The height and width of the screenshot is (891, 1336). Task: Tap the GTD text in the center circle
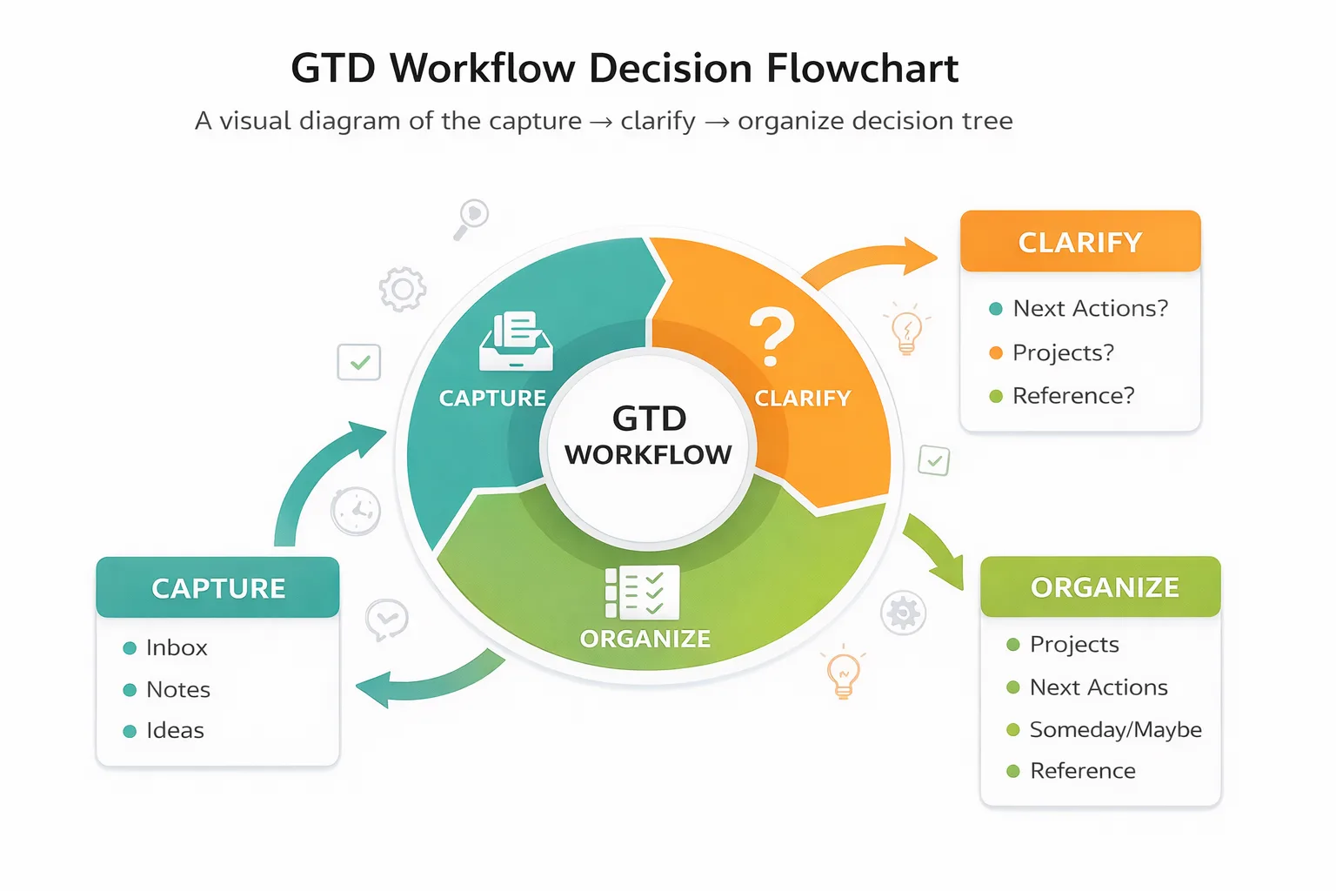point(649,419)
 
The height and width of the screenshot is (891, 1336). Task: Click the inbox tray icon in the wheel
point(516,341)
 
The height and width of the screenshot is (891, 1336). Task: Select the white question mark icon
point(772,337)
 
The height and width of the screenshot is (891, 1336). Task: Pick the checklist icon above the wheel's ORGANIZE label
point(642,593)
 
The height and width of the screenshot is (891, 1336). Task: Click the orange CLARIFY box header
point(1079,242)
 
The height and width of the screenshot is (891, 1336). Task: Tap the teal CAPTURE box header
point(217,588)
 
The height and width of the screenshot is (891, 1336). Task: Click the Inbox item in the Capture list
point(177,647)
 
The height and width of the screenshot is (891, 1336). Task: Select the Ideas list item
point(175,730)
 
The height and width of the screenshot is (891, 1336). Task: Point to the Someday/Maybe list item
point(1115,729)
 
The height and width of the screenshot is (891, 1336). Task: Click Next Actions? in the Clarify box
point(1090,308)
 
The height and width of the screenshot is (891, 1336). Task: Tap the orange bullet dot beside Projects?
point(996,352)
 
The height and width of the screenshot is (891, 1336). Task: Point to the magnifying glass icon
point(471,218)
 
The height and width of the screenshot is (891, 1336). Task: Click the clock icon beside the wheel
point(356,511)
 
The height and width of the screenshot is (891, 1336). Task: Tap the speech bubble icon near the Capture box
point(386,620)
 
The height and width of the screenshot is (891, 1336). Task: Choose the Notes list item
point(178,689)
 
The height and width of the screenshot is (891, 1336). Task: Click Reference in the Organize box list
point(1082,771)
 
